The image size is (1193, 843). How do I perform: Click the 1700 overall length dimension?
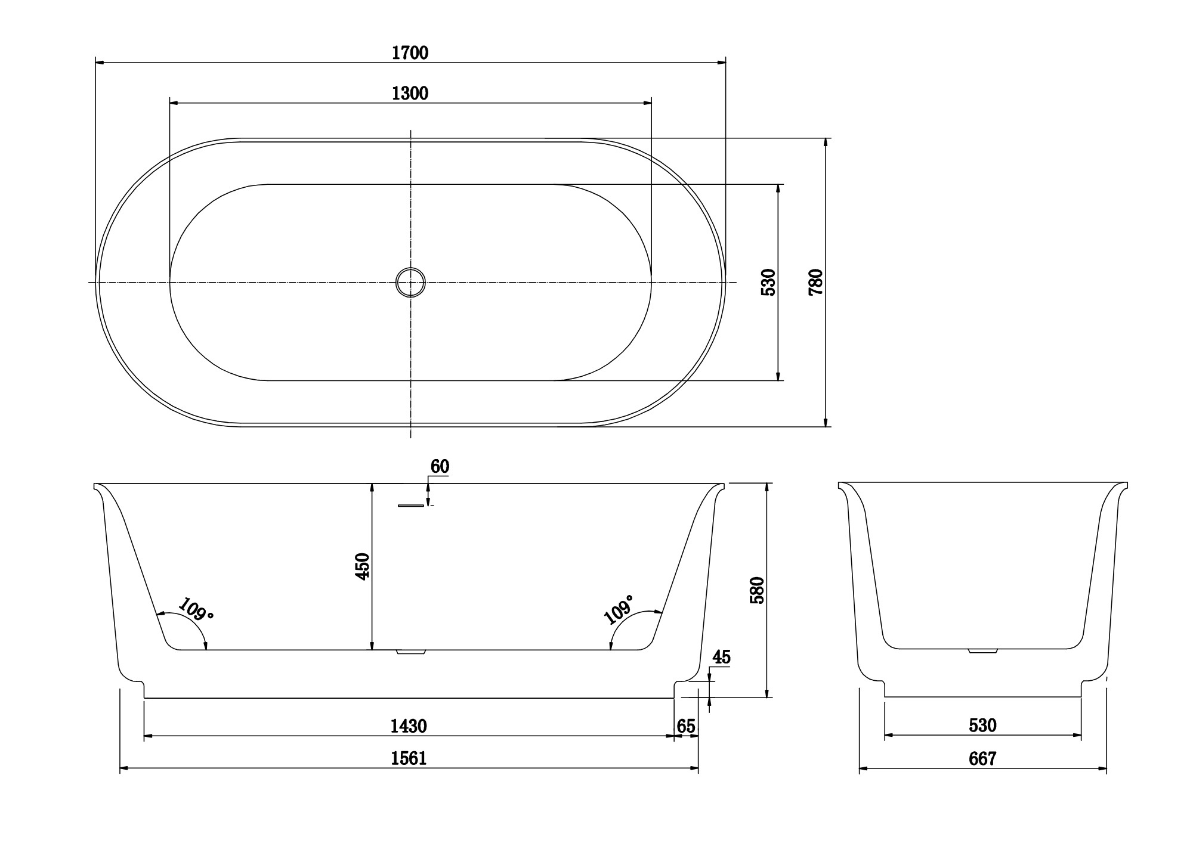[410, 53]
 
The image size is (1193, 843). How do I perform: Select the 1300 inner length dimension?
[410, 94]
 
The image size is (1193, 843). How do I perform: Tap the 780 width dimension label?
[815, 282]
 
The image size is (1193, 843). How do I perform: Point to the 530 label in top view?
[769, 282]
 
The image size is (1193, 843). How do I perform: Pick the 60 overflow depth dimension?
[440, 467]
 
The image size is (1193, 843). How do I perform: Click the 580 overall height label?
[757, 590]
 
